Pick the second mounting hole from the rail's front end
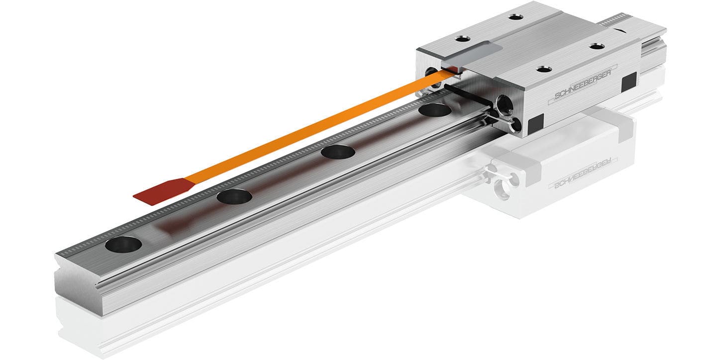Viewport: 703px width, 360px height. pos(234,197)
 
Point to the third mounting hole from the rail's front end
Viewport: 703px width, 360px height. pos(338,152)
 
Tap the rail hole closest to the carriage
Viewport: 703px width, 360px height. pos(434,110)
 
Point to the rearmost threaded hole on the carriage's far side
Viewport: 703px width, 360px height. pos(516,16)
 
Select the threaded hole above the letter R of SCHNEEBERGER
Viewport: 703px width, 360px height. pos(597,46)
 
